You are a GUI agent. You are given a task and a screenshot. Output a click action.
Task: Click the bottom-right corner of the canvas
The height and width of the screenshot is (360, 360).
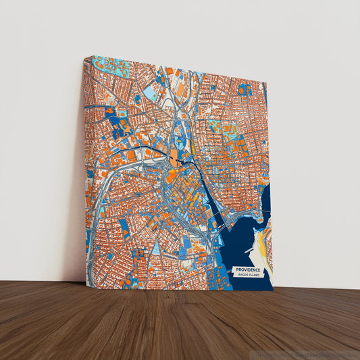[274, 291]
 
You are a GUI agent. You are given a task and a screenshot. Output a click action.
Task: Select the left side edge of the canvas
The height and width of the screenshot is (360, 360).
[86, 169]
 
